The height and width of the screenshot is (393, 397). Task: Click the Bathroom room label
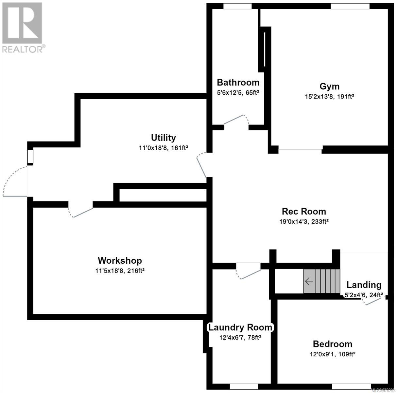point(238,83)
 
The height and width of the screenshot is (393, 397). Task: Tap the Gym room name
point(329,86)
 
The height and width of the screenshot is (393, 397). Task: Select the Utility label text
point(164,138)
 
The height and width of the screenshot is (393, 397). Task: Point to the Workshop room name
point(120,260)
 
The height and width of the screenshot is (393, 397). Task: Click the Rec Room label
point(304,211)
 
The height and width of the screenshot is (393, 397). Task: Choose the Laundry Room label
point(240,327)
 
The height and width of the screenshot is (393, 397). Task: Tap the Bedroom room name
point(333,344)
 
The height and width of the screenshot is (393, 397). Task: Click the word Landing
point(364,285)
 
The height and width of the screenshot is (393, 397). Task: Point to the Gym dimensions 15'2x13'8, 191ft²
point(329,97)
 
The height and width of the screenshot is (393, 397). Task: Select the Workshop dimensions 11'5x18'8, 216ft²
point(120,271)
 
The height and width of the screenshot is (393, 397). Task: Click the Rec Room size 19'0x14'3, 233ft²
point(304,221)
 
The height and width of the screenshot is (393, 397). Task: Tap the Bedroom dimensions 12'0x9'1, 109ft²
point(333,354)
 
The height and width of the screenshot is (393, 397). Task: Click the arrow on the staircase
point(309,281)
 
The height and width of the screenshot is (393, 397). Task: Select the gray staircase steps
point(321,281)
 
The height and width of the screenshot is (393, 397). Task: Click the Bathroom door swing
point(236,119)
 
